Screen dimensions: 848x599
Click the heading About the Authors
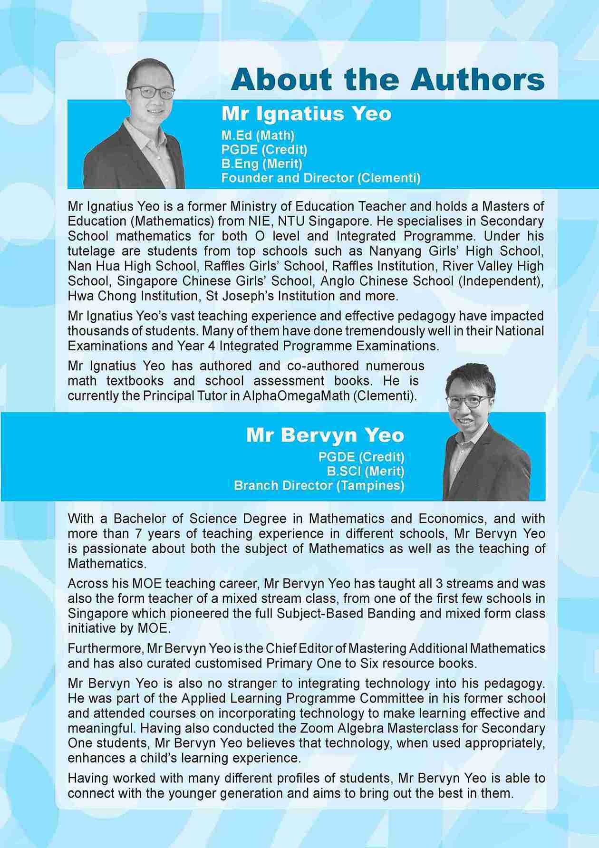(387, 79)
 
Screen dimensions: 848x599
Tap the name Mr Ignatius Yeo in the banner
(306, 114)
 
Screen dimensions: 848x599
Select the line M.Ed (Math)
(258, 135)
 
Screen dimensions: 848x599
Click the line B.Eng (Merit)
(261, 164)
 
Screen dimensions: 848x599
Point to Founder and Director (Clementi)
(321, 178)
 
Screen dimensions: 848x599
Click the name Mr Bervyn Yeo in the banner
(325, 435)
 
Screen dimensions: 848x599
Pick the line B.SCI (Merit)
(365, 471)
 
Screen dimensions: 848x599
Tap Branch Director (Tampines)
(319, 485)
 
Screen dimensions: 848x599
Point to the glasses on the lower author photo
(468, 401)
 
